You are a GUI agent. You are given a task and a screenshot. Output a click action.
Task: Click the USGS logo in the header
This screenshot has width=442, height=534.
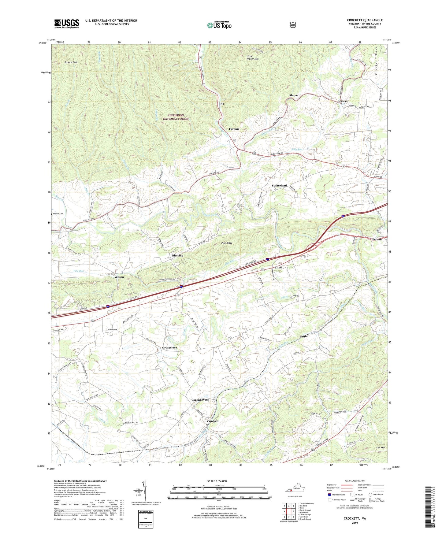(x=67, y=23)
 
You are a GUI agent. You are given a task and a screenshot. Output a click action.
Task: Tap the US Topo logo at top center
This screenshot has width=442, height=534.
(x=219, y=25)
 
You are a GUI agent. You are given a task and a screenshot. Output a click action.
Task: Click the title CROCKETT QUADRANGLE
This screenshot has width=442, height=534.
(x=365, y=20)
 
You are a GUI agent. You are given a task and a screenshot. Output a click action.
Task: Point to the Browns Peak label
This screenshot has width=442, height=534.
(x=71, y=62)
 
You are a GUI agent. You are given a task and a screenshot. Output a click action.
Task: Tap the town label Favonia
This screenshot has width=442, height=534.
(x=234, y=129)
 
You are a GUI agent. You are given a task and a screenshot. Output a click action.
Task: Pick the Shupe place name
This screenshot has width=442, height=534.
(x=293, y=95)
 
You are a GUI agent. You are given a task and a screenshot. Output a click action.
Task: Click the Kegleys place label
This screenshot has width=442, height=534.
(x=342, y=101)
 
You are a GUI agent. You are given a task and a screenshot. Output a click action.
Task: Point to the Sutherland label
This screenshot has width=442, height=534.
(x=279, y=186)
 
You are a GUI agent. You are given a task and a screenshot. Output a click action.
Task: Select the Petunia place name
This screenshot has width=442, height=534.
(x=377, y=239)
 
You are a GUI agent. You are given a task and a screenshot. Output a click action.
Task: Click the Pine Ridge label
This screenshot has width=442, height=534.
(x=227, y=243)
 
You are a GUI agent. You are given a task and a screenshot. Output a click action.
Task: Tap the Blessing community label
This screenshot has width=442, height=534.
(x=177, y=255)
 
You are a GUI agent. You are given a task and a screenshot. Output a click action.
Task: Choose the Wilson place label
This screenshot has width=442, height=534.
(x=119, y=277)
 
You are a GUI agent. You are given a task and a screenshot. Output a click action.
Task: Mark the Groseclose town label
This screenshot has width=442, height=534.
(x=169, y=348)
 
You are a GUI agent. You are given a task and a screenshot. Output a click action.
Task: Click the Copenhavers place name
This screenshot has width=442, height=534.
(x=200, y=400)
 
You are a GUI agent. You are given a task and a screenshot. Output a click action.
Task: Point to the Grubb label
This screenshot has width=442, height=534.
(x=304, y=336)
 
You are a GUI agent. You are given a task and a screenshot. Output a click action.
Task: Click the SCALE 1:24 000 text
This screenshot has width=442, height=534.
(x=217, y=481)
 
